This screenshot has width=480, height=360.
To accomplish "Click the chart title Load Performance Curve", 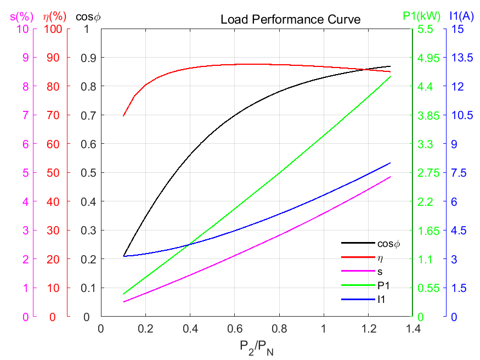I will (290, 20).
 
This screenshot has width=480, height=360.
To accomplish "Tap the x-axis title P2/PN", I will (256, 346).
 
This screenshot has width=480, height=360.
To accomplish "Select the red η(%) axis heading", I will (54, 16).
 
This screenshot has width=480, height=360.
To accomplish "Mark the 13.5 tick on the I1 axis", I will (461, 58).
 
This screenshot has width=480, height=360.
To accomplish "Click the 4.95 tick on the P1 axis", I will (429, 58).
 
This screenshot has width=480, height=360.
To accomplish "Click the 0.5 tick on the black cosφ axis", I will (89, 173).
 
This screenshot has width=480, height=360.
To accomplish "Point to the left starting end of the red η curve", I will (123, 116).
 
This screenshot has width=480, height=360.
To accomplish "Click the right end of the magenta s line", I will (391, 177).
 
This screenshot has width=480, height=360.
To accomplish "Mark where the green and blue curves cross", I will (190, 244).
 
